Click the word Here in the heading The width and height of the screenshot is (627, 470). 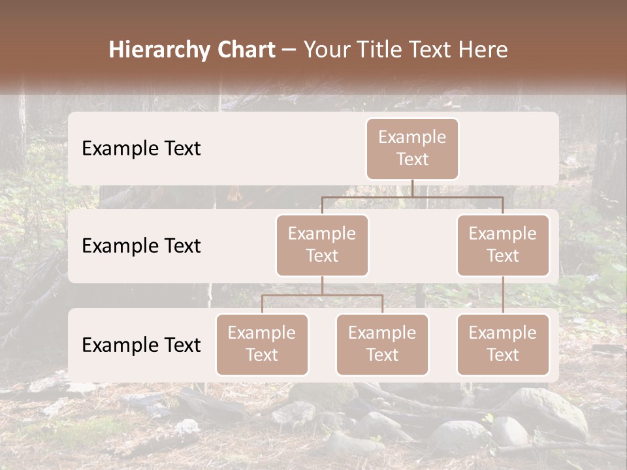pyautogui.click(x=483, y=50)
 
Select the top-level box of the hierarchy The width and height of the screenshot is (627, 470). pyautogui.click(x=412, y=148)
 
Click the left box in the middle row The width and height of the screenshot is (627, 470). pyautogui.click(x=322, y=245)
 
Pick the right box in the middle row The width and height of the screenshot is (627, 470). pyautogui.click(x=503, y=245)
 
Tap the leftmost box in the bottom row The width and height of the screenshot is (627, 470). pyautogui.click(x=262, y=344)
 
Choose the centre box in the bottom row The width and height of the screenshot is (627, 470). pyautogui.click(x=382, y=344)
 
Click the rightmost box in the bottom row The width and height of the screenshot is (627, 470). pyautogui.click(x=503, y=344)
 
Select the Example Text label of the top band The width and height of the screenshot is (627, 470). pyautogui.click(x=141, y=149)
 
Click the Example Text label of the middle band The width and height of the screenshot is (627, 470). pyautogui.click(x=141, y=246)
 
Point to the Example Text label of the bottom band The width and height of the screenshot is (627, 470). pyautogui.click(x=141, y=345)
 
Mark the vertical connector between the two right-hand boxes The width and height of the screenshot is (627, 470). pyautogui.click(x=503, y=295)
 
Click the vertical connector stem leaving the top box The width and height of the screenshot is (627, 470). pyautogui.click(x=412, y=188)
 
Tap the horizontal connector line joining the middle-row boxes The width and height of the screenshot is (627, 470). pyautogui.click(x=412, y=196)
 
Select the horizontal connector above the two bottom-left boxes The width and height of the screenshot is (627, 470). pyautogui.click(x=322, y=295)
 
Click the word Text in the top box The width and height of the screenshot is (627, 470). pyautogui.click(x=412, y=159)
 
